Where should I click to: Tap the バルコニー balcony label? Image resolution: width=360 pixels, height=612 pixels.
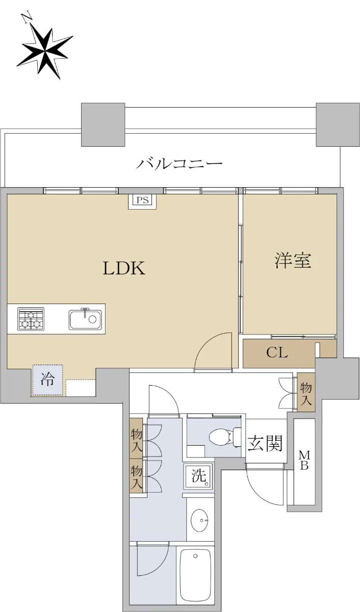[x=179, y=164]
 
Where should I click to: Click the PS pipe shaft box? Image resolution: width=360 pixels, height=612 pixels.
[x=142, y=201]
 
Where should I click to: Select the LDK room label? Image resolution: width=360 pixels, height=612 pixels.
[x=124, y=268]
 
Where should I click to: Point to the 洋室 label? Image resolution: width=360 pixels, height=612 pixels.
[x=293, y=261]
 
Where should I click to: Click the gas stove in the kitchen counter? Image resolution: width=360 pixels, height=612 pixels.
[x=31, y=319]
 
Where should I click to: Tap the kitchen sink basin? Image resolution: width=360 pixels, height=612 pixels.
[x=85, y=319]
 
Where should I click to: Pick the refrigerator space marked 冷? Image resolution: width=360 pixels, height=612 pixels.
[x=48, y=380]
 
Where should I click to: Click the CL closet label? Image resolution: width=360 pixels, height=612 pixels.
[x=277, y=352]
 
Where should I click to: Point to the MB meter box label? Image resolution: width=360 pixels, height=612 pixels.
[x=304, y=461]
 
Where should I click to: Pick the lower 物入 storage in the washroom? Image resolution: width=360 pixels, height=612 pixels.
[x=136, y=478]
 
